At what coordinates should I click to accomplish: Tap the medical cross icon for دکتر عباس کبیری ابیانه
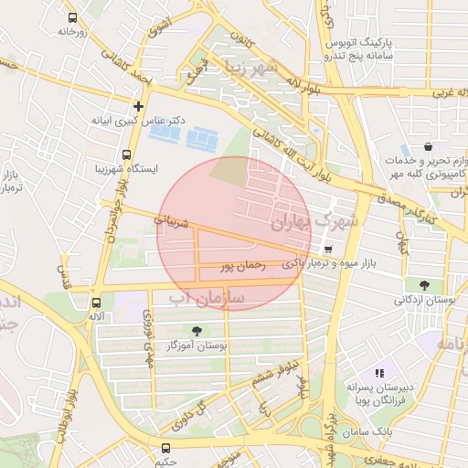138,106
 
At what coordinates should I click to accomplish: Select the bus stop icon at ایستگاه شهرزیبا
125,154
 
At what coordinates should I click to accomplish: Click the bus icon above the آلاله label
96,302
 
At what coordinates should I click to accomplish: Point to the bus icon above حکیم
165,448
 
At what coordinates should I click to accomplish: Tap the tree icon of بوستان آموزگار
197,330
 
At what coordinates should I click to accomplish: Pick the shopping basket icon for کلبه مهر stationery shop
428,146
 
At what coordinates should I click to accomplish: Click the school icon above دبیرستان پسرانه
379,373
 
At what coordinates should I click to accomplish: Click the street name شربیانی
171,220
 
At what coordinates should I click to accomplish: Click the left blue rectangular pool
165,133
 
